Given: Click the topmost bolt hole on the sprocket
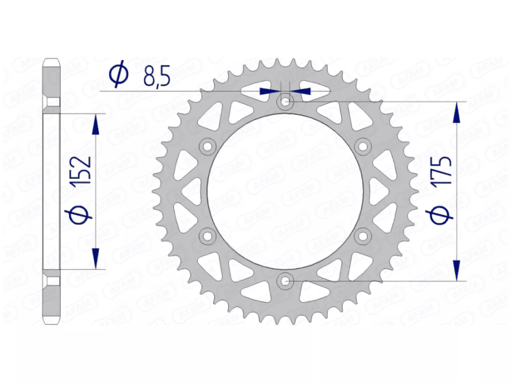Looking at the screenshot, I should pos(286,101).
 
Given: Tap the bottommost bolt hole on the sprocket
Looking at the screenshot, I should pos(286,280).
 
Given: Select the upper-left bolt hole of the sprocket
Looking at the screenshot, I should pos(208,147).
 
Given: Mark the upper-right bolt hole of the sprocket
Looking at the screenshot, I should pos(363,147).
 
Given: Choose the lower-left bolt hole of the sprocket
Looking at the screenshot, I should pos(208,235).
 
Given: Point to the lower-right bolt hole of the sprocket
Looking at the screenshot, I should pos(363,235).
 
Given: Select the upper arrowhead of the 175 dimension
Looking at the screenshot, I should pos(458,112).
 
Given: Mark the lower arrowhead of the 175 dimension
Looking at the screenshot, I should pos(458,270).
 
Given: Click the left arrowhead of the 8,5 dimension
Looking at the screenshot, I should pos(269,91).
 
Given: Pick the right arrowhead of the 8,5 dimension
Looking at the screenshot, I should pos(301,91).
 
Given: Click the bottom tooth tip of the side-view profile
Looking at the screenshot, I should pos(52,321).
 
